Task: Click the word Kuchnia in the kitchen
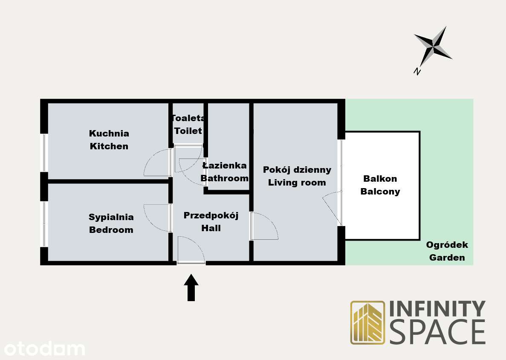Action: pos(109,134)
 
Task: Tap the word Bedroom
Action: pos(111,230)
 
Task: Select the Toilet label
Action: pos(188,131)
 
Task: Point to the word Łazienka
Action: pos(225,165)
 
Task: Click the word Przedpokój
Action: pos(211,216)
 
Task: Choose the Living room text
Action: pos(297,183)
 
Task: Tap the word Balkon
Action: pos(380,179)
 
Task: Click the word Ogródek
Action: pos(447,245)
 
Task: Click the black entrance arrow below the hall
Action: pos(191,287)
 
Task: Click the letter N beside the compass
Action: pos(417,71)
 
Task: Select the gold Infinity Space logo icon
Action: pos(367,322)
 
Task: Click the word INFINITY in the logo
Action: pos(437,309)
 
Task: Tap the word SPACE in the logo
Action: pos(437,331)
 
